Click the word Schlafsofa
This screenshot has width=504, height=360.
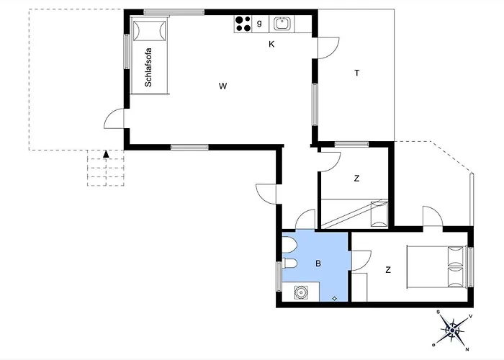click(x=148, y=67)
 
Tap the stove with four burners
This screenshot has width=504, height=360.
click(x=243, y=24)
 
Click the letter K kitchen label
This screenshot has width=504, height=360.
click(x=271, y=45)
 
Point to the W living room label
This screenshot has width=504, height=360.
click(x=222, y=86)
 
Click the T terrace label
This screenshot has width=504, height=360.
click(x=357, y=73)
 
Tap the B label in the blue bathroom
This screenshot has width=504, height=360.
click(x=318, y=264)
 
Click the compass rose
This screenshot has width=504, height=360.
click(x=453, y=330)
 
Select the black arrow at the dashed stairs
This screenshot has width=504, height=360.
click(x=106, y=154)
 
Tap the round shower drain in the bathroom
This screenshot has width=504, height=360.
click(x=301, y=292)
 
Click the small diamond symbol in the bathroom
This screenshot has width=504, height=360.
click(x=334, y=299)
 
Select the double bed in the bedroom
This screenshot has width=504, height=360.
click(x=436, y=267)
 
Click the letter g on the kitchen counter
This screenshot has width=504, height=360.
click(x=259, y=23)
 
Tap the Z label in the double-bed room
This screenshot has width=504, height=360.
click(x=388, y=270)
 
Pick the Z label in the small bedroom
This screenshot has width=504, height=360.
click(x=356, y=179)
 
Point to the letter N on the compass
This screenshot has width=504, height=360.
click(x=467, y=349)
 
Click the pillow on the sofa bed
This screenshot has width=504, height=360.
click(x=149, y=31)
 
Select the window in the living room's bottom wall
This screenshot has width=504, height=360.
click(x=189, y=147)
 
